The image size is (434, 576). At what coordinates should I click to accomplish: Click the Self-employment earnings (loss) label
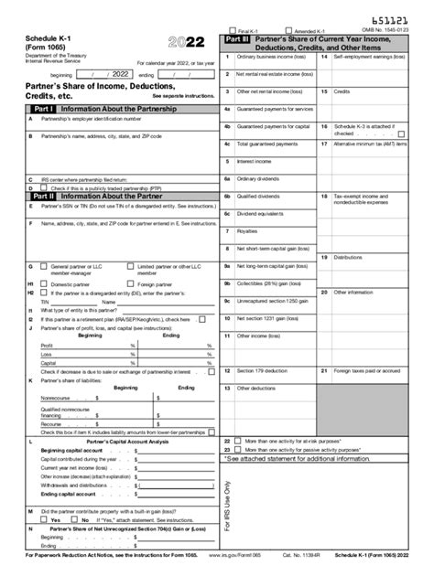pos(371,57)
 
